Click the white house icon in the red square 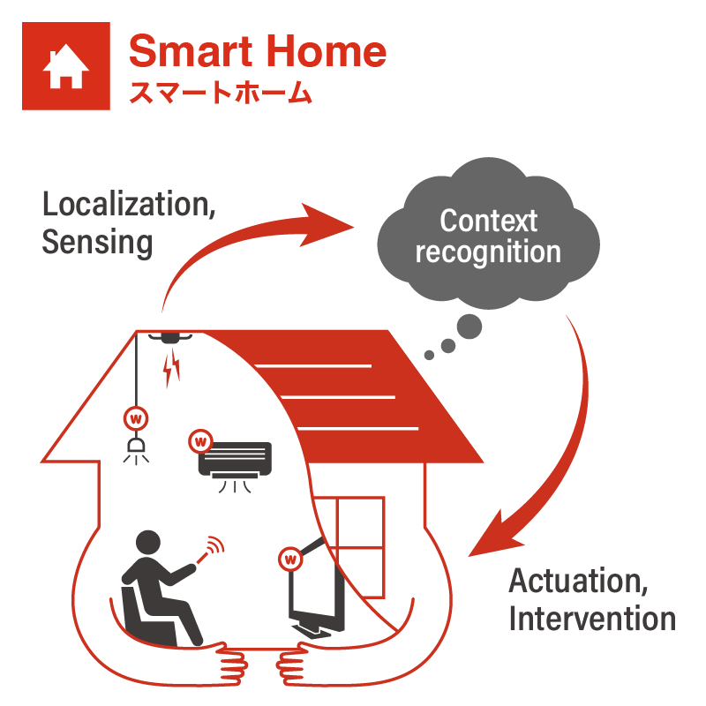(65, 66)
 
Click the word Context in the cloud (488, 220)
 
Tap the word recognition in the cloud (488, 252)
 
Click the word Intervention (592, 619)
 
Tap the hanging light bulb (136, 449)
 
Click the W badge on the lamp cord (136, 416)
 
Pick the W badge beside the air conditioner (200, 439)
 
